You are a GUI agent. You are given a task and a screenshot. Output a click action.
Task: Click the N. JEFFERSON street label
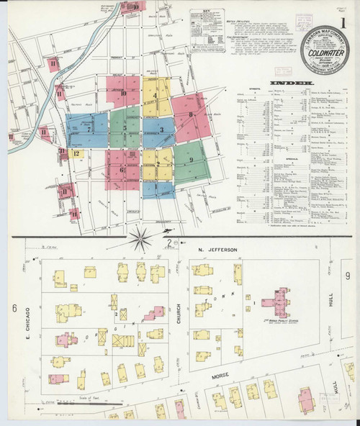(217, 250)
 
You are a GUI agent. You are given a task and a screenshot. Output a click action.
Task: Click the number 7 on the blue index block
(89, 130)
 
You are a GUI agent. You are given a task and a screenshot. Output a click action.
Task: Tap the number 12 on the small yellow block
(75, 153)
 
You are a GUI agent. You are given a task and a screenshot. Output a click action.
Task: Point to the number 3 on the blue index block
(162, 130)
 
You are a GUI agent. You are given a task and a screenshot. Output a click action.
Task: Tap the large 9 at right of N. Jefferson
(347, 276)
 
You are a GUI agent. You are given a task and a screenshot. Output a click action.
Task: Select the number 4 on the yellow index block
(156, 95)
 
